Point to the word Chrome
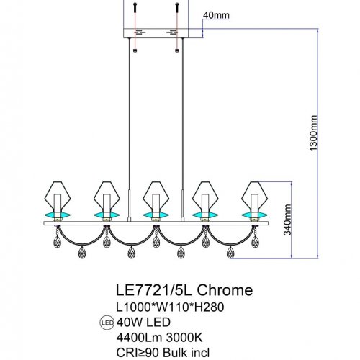point(226,290)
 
